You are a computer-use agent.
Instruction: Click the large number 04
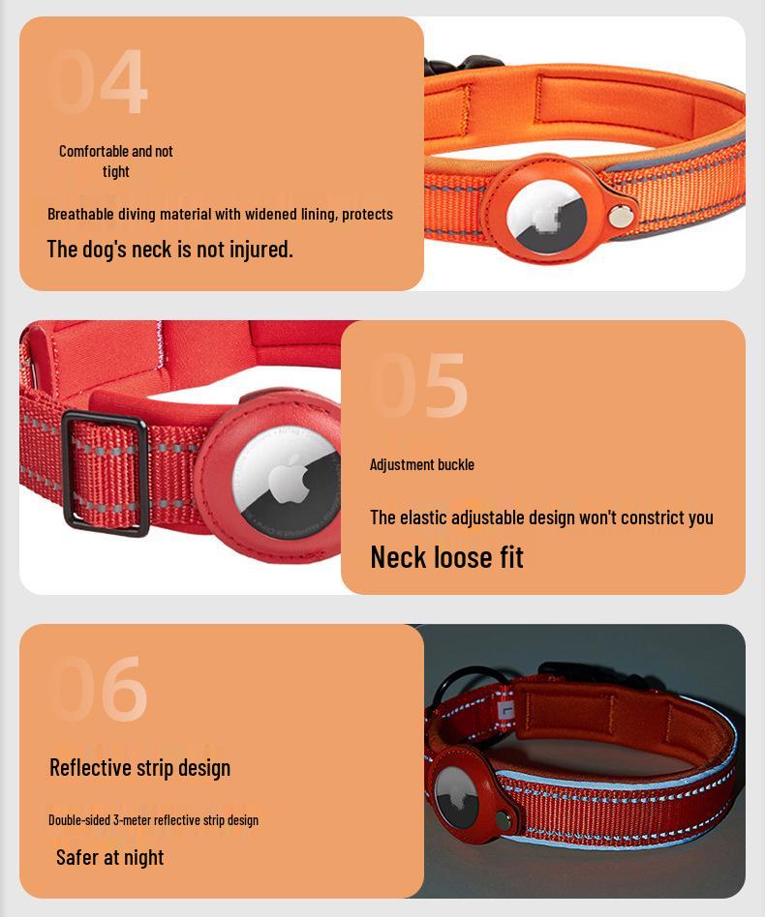click(x=98, y=82)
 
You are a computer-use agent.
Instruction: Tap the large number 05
click(x=419, y=385)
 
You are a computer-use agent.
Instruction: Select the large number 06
click(x=98, y=689)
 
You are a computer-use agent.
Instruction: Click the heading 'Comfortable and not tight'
click(x=116, y=161)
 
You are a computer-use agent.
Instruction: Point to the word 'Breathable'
click(x=80, y=214)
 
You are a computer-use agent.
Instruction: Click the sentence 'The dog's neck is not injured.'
click(x=169, y=249)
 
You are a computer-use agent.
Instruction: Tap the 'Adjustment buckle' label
click(x=422, y=464)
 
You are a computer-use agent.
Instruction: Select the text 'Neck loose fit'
click(x=446, y=557)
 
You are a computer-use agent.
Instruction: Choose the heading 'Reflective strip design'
click(x=139, y=767)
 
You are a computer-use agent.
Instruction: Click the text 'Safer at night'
click(x=109, y=857)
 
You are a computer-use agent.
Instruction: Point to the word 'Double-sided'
click(x=79, y=820)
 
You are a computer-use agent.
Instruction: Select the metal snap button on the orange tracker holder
click(x=619, y=218)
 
